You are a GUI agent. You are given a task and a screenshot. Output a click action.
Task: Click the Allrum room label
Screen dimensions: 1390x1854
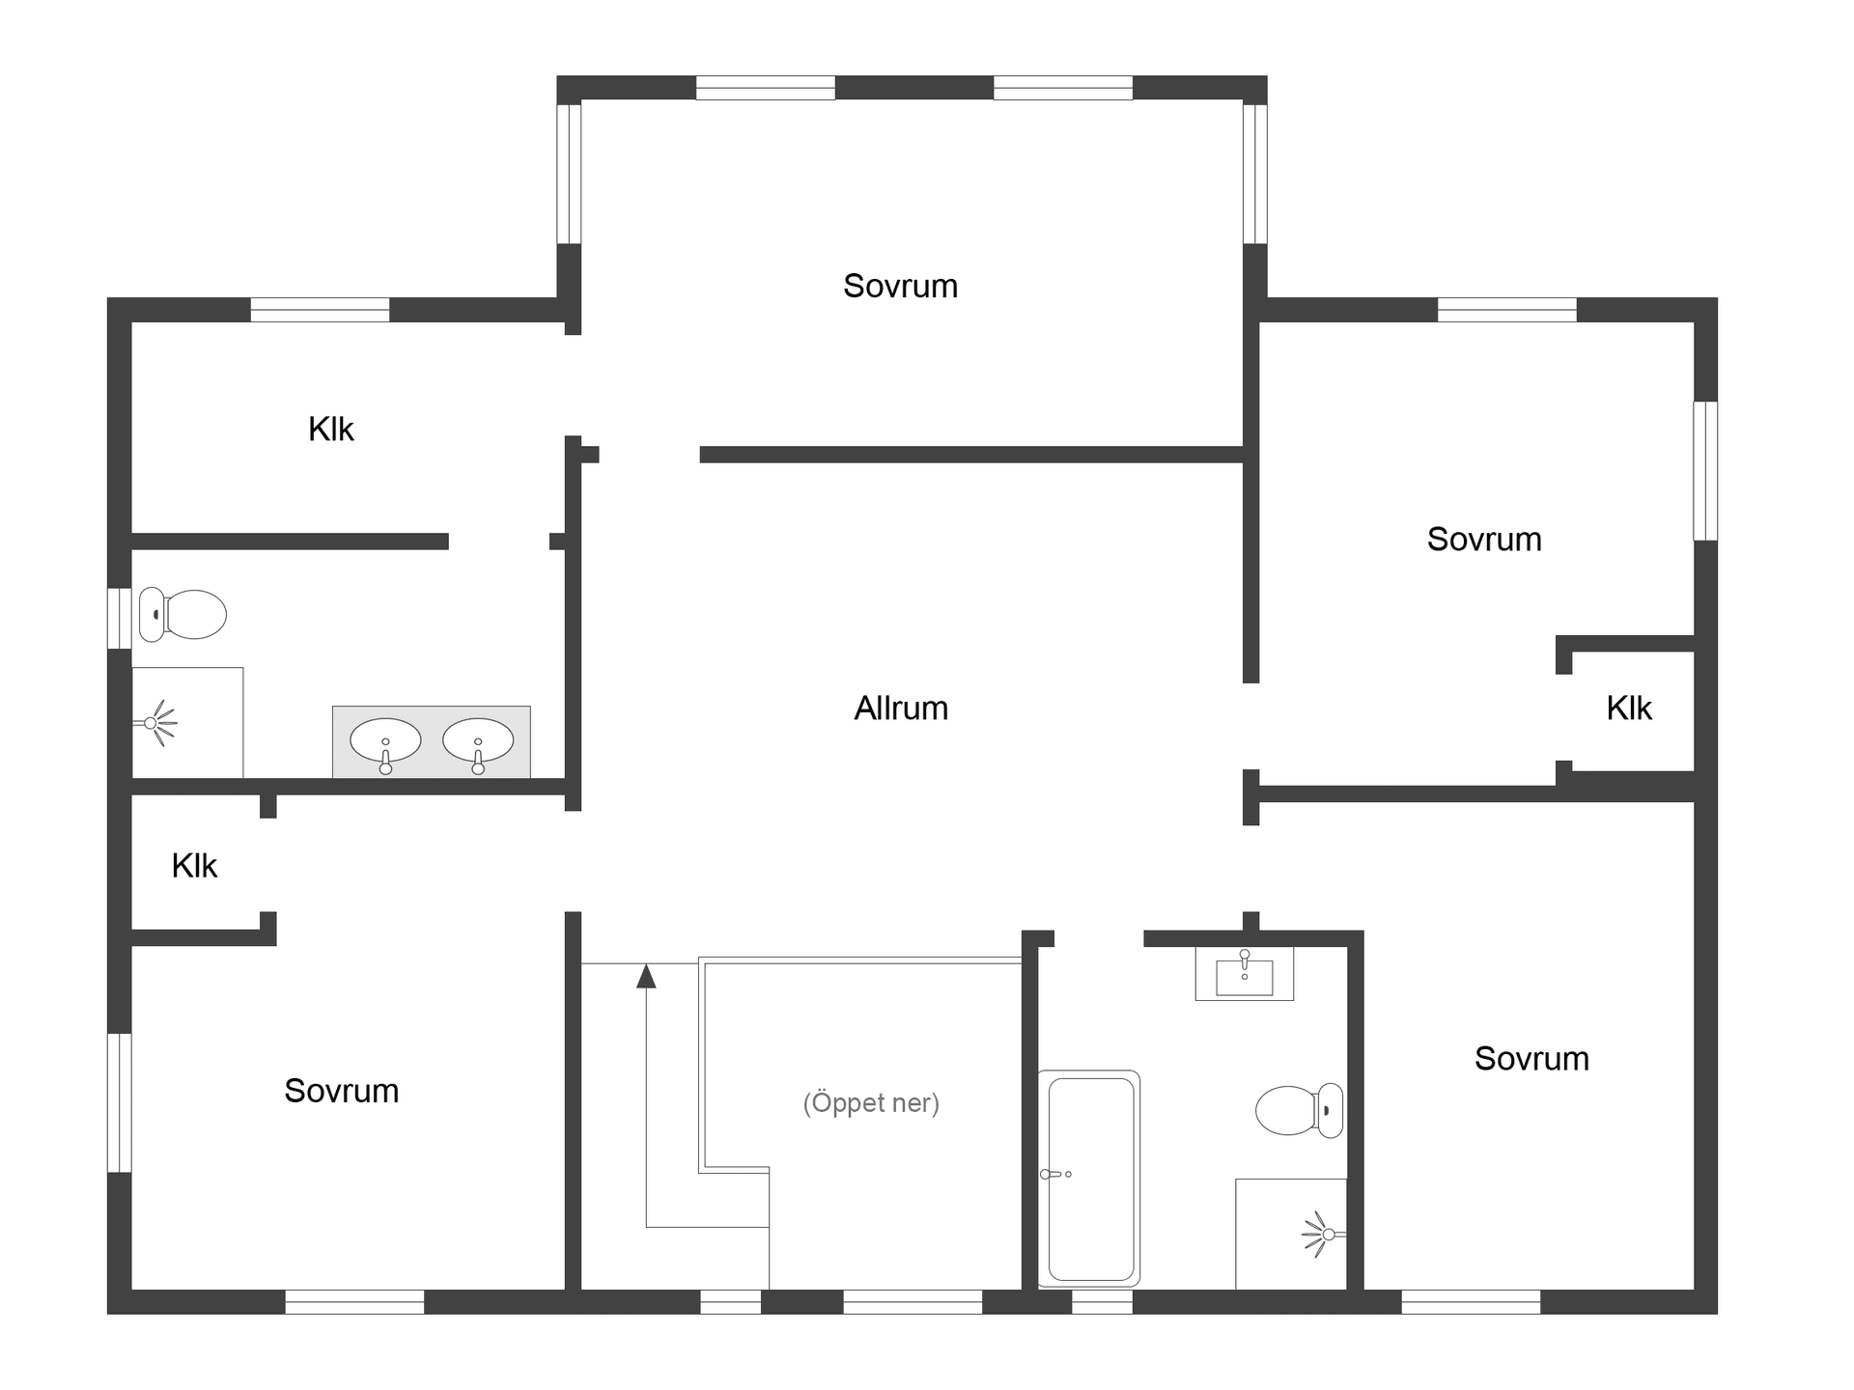[901, 709]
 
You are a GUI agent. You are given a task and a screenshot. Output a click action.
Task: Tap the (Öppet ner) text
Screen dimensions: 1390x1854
[871, 1102]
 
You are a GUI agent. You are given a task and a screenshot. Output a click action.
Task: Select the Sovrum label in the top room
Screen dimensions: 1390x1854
[900, 286]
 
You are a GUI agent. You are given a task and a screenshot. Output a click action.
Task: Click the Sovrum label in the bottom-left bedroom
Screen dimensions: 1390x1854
[341, 1091]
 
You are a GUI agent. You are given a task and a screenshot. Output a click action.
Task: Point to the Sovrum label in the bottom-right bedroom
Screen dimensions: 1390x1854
[1531, 1059]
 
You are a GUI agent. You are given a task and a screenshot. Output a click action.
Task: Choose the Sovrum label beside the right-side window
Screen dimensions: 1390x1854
[1484, 540]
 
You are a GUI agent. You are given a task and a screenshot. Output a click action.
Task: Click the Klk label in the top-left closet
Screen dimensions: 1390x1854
[331, 430]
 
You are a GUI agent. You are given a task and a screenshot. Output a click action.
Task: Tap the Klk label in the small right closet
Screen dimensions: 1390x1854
[1629, 709]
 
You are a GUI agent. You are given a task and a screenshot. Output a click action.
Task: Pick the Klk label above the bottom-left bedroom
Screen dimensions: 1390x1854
[194, 866]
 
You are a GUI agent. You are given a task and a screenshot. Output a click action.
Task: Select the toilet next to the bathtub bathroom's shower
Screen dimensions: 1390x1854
[1298, 1110]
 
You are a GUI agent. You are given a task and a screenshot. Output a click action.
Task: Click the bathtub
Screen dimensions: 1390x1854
[1089, 1178]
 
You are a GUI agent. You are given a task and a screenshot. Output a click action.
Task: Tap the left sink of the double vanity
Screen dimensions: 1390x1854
[385, 741]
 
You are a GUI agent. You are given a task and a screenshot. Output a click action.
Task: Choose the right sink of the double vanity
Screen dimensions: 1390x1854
[478, 741]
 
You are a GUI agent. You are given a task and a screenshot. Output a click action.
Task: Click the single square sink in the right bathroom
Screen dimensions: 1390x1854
[1244, 975]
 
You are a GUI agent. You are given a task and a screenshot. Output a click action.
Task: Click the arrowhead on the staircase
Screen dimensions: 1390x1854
[646, 977]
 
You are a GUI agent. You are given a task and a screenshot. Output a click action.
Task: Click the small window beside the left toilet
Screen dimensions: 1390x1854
[120, 618]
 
